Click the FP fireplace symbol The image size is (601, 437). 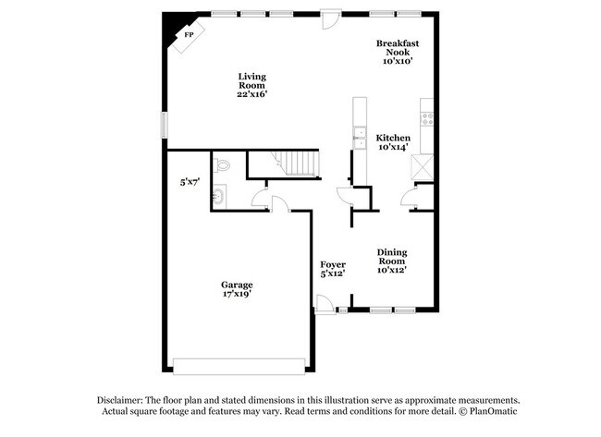pos(190,34)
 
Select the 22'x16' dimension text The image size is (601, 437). pos(252,93)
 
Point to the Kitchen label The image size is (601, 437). pos(393,138)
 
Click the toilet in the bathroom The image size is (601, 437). pos(220,166)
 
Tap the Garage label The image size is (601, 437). pos(237,285)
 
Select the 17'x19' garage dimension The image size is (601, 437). pos(237,295)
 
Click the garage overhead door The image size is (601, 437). pos(239,360)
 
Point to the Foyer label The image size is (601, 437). pos(332,265)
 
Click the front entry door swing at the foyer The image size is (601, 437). pos(324,304)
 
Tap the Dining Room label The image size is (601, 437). pos(392,256)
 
